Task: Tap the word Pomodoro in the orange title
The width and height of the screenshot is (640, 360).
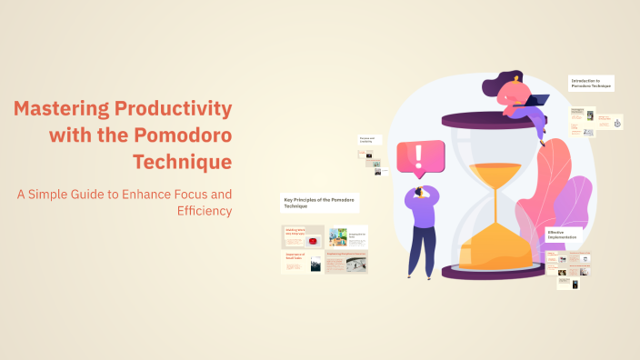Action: coord(183,136)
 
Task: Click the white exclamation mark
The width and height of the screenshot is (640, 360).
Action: coord(418,155)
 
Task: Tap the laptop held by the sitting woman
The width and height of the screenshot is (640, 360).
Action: coord(537,101)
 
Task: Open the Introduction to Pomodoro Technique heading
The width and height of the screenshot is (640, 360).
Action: coord(592,83)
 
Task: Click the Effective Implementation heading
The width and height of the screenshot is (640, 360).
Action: coord(567,235)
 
